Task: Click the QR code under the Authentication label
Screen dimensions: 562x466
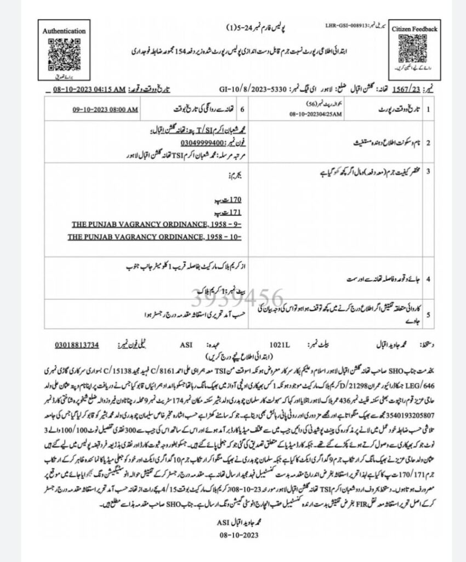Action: [64, 54]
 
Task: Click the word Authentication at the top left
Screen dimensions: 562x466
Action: [64, 31]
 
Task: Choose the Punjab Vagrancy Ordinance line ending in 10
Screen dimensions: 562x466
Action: [155, 237]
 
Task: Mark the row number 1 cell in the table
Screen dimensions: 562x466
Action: [428, 110]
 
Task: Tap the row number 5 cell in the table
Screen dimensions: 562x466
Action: [428, 315]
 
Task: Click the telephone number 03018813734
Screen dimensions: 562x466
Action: [77, 345]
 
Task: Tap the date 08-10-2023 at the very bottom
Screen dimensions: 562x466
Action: [237, 534]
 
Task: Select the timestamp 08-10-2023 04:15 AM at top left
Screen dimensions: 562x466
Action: [99, 90]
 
